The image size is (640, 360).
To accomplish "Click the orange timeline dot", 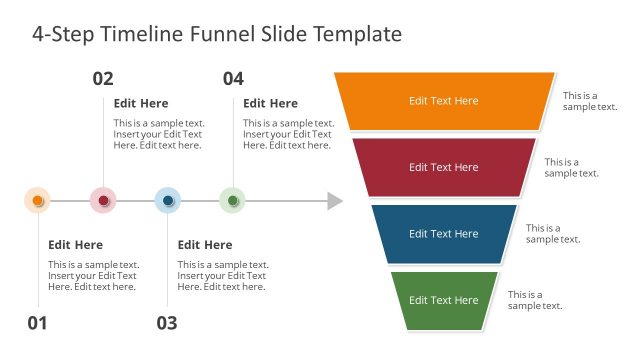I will [37, 201].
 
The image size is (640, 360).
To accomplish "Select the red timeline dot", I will [103, 201].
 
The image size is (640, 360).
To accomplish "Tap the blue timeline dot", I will [168, 201].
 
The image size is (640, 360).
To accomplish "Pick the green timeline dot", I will [232, 201].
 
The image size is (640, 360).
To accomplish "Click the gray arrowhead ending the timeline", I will [335, 202].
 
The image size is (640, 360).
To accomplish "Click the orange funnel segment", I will [444, 101].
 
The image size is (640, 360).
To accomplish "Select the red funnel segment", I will [444, 167].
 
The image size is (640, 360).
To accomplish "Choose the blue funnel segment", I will [444, 234].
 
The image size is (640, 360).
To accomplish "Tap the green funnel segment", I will [444, 300].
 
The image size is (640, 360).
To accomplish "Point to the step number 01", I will [37, 323].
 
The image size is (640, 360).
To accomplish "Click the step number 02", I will [103, 79].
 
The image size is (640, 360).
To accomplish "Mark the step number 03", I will [166, 323].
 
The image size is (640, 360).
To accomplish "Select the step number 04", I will [233, 79].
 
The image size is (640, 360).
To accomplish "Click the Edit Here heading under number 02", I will [141, 103].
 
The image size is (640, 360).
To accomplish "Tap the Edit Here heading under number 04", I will [270, 103].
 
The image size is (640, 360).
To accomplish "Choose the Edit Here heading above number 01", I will [75, 245].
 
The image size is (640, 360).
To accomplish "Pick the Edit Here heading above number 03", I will [205, 245].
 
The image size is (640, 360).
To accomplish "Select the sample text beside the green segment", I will [534, 300].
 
